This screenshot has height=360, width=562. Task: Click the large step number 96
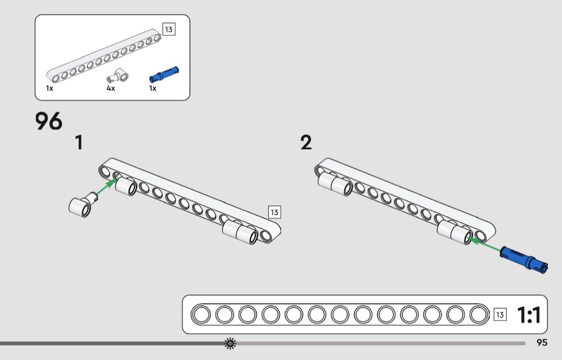click(49, 121)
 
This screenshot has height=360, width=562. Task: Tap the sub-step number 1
click(79, 142)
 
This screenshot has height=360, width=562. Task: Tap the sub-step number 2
click(306, 142)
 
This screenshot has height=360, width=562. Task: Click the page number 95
click(542, 342)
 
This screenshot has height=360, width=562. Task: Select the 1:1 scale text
click(529, 315)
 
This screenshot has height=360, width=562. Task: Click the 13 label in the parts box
click(169, 29)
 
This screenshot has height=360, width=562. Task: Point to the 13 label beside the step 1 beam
click(275, 212)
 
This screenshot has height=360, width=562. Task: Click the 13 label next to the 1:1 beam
click(500, 315)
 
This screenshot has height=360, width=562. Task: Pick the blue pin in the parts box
click(164, 74)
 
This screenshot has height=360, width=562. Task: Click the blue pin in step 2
click(523, 259)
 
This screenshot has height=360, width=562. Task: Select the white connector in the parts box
click(118, 76)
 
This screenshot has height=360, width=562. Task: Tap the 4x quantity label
click(111, 88)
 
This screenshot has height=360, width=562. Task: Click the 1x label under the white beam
click(49, 88)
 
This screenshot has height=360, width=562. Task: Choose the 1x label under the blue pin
click(153, 88)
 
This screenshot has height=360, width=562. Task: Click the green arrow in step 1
click(107, 187)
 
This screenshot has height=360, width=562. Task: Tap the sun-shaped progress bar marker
click(230, 343)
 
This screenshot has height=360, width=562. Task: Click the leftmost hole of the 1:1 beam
click(201, 315)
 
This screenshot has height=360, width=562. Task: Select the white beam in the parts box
click(103, 56)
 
